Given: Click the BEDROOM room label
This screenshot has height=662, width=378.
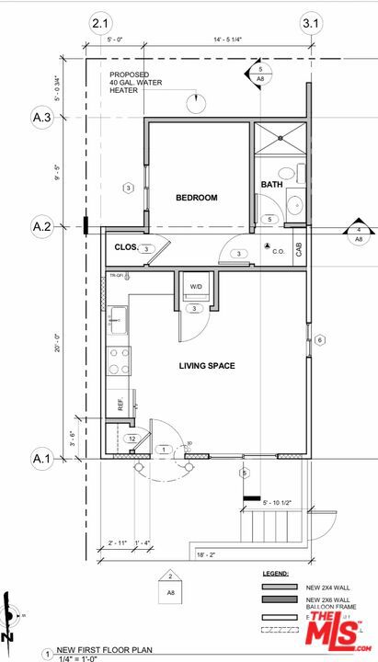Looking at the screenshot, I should (197, 198).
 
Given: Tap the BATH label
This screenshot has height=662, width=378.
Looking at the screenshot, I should (271, 185).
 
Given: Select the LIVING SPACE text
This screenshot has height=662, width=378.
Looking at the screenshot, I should (206, 366).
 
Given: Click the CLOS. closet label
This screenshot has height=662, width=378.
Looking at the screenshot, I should (126, 247).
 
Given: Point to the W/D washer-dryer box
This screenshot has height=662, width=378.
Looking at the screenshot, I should (196, 287).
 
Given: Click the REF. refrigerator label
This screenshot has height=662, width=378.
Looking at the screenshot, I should (120, 403).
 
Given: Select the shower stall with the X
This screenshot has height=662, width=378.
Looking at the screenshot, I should (278, 139).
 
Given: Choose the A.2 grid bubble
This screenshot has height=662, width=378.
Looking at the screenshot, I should (41, 226).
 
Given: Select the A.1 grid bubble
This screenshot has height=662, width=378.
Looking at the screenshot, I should (41, 457).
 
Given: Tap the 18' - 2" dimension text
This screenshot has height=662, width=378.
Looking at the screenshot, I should (205, 555).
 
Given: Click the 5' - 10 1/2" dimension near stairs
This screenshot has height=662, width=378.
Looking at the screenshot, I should (280, 502).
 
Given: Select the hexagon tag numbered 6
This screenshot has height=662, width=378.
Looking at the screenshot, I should (320, 340).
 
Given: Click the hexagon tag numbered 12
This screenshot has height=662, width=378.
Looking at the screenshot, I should (132, 439).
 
